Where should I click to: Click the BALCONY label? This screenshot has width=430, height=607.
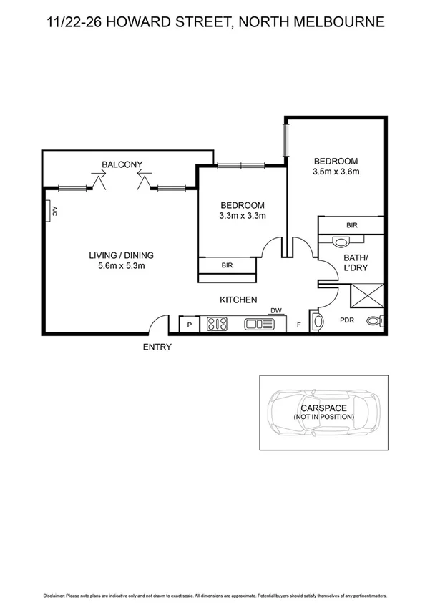(x=122, y=165)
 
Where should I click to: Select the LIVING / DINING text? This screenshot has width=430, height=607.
(x=122, y=255)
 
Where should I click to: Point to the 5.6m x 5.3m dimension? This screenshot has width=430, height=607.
(x=122, y=268)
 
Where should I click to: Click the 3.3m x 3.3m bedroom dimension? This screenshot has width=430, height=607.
(x=243, y=216)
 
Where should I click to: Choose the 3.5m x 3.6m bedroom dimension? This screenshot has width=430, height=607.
(x=335, y=172)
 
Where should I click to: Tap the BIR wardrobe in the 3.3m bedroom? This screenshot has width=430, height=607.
(x=227, y=265)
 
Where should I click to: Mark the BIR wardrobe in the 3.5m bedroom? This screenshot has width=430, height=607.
(x=351, y=225)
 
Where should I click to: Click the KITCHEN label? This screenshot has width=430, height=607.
(x=238, y=300)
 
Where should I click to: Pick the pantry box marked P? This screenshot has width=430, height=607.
(x=190, y=325)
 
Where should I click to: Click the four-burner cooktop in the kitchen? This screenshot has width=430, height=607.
(x=217, y=325)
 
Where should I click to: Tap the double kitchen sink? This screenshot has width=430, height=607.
(x=259, y=325)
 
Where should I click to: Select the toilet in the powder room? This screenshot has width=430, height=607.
(x=376, y=322)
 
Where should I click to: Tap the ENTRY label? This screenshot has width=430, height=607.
(x=157, y=347)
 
